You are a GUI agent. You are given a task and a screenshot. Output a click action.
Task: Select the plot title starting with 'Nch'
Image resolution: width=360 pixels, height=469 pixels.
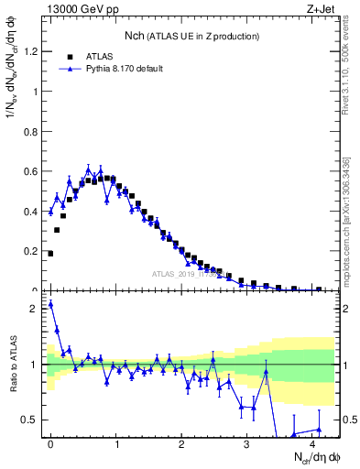point(192,36)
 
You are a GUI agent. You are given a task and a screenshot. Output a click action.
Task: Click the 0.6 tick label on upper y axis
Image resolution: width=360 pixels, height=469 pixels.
point(30,171)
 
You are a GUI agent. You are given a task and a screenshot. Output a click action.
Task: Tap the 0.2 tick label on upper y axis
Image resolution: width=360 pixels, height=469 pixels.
point(30,251)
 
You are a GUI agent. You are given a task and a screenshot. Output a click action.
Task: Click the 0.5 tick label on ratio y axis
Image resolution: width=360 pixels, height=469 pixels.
point(30,420)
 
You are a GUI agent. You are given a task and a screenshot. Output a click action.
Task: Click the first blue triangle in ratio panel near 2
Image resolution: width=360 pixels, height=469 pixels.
point(50,304)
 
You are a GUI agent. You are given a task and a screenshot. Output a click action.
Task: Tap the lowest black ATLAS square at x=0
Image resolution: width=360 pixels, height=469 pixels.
point(50,254)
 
